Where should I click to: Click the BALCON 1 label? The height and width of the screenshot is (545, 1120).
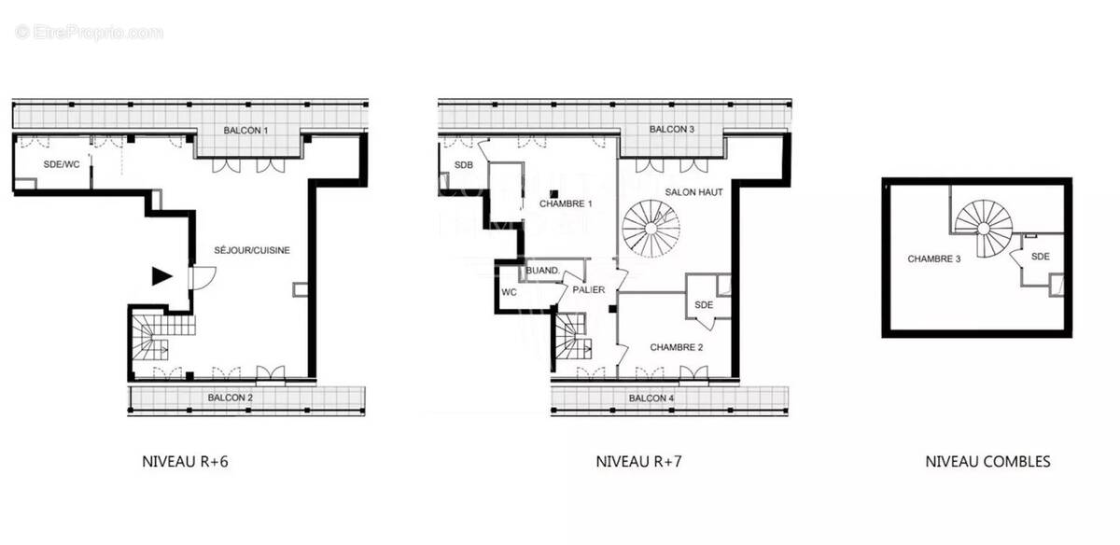coord(246,130)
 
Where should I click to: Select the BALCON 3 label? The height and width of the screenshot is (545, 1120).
coord(672,129)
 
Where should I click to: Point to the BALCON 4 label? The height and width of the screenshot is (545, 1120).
coord(651,398)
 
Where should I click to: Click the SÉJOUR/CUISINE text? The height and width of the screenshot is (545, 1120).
coord(252,250)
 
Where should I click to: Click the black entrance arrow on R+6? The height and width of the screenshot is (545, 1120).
coord(162,275)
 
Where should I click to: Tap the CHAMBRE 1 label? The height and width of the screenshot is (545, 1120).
coord(567,203)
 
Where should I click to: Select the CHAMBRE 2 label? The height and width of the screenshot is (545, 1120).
coord(677,347)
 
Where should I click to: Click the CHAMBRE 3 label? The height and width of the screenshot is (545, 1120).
coord(934,259)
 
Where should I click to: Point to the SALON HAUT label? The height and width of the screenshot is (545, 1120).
coord(693,191)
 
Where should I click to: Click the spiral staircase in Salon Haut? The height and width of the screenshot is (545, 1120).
coord(651,229)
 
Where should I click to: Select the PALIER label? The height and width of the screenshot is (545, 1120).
coord(590,290)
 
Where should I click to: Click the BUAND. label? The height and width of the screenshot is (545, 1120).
coord(543,272)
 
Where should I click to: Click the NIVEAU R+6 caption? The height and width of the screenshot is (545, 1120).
coord(185,461)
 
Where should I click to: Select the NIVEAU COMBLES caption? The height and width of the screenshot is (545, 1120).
coord(987,461)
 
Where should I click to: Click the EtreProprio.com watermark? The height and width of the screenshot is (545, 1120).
coord(90,33)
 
